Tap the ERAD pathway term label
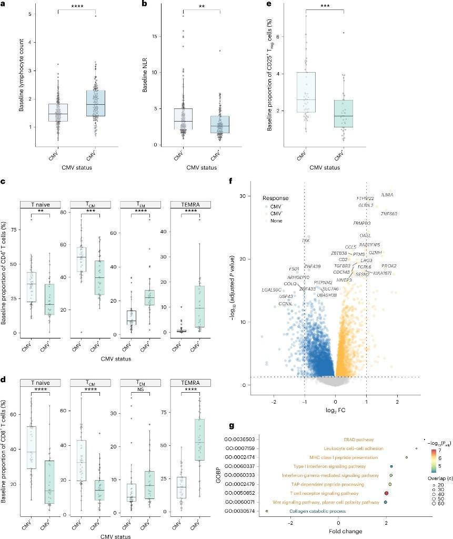click(x=359, y=439)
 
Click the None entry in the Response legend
click(x=277, y=221)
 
